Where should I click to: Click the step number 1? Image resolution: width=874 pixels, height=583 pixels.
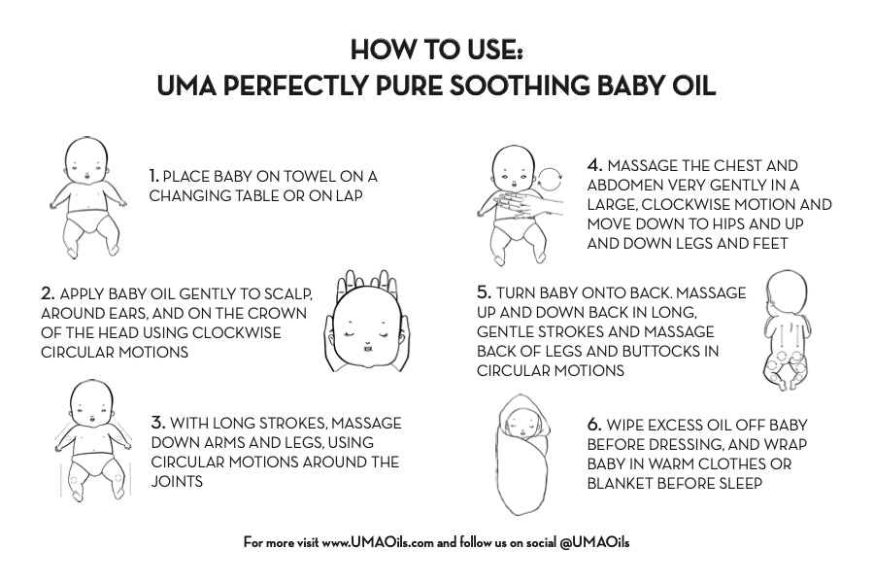click(153, 176)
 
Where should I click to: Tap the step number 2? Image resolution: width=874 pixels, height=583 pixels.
click(48, 293)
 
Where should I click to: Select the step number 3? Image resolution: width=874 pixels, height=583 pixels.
click(157, 423)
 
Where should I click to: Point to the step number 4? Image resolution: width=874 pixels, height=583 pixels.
click(594, 165)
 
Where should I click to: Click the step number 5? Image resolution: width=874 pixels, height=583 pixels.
click(485, 292)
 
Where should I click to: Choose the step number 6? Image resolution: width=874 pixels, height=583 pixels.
click(594, 425)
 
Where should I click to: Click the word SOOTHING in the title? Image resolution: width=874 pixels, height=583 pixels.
click(519, 86)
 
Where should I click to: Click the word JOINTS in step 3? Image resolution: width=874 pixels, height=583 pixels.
click(177, 481)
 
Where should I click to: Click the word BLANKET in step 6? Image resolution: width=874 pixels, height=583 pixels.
click(620, 483)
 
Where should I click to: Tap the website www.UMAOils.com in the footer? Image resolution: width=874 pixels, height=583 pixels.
click(378, 542)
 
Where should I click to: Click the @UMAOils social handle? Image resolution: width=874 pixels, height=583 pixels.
click(594, 542)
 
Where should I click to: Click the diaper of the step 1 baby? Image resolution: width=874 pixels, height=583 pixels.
click(89, 221)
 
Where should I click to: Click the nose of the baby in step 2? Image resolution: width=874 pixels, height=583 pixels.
click(368, 340)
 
